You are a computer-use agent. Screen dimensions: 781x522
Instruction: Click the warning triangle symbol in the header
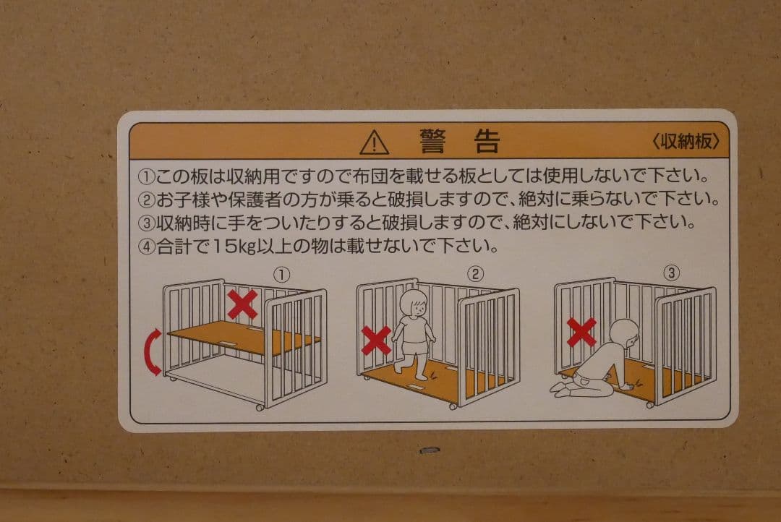[x=374, y=143]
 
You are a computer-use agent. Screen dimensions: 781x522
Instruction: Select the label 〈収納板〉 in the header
[x=686, y=142]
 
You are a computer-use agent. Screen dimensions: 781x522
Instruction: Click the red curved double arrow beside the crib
[x=153, y=351]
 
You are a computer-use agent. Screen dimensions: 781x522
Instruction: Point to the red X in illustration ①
[x=242, y=304]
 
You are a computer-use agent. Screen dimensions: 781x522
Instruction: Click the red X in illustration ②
[x=376, y=341]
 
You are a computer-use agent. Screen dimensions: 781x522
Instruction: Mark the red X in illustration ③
[x=581, y=333]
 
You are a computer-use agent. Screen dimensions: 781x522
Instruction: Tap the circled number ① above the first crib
[x=281, y=275]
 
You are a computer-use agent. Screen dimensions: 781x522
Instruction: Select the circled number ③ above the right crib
[x=672, y=273]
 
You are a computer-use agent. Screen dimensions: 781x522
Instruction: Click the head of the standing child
[x=414, y=304]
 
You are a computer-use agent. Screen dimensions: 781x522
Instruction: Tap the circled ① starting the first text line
[x=146, y=176]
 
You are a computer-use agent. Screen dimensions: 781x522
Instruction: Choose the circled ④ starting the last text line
[x=146, y=247]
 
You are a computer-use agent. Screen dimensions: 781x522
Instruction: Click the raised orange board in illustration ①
[x=244, y=338]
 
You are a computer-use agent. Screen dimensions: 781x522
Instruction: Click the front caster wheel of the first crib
[x=259, y=407]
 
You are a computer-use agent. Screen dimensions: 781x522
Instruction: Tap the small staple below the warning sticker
[x=430, y=450]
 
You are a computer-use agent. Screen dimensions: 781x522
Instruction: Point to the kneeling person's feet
[x=559, y=388]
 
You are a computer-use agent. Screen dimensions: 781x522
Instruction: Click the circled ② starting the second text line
[x=146, y=200]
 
